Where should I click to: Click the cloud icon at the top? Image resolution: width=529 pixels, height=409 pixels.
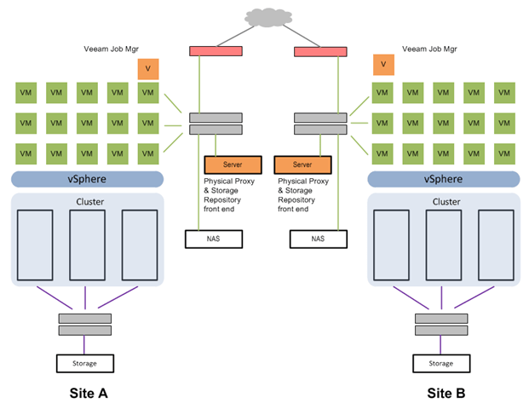(x=266, y=16)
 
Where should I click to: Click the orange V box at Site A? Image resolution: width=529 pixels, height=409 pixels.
(x=148, y=66)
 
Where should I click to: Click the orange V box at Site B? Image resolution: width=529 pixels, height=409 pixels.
(x=382, y=64)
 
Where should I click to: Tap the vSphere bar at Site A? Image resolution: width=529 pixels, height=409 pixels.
(x=86, y=179)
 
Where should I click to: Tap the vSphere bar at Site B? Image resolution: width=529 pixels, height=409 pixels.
(x=442, y=179)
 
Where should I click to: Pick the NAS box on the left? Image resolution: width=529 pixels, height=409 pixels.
(x=212, y=239)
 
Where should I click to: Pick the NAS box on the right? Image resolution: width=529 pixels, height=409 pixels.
(x=318, y=239)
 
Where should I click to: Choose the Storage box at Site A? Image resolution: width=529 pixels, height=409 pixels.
(x=84, y=363)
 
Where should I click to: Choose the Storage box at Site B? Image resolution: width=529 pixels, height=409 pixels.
(x=440, y=363)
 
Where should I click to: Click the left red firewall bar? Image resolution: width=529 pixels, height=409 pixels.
(x=216, y=51)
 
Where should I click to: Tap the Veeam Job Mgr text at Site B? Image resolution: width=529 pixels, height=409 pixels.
(x=431, y=49)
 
